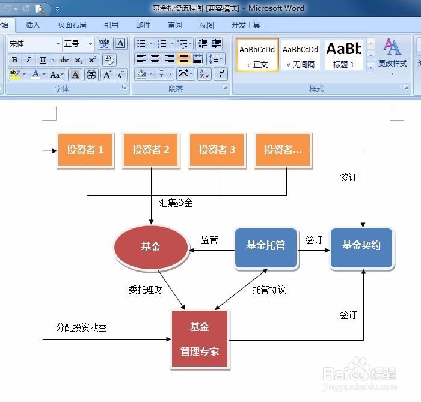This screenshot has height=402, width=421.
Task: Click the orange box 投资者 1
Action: [85, 150]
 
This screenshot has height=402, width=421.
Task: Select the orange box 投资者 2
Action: [151, 150]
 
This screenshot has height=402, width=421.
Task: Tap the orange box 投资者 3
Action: [217, 150]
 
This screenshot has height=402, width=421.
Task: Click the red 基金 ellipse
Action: [151, 246]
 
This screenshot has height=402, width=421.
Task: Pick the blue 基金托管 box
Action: [266, 246]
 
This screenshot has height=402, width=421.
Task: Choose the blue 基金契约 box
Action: [361, 246]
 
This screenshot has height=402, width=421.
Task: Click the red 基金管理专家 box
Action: [200, 339]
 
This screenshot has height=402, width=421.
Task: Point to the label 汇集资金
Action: [176, 203]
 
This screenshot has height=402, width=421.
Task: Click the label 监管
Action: [209, 240]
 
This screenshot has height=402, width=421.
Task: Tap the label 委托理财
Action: [146, 290]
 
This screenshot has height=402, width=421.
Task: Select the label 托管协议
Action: [269, 290]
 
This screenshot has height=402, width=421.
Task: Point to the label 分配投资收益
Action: [82, 328]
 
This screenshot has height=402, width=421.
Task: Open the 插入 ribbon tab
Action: [32, 25]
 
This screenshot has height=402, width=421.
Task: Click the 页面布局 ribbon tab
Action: [72, 25]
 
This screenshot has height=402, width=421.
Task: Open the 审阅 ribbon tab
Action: [175, 25]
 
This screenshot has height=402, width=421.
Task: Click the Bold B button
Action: [14, 60]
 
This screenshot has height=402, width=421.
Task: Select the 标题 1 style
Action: [345, 55]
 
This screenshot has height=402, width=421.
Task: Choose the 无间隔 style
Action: [301, 55]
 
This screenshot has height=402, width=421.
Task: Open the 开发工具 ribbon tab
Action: [246, 25]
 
